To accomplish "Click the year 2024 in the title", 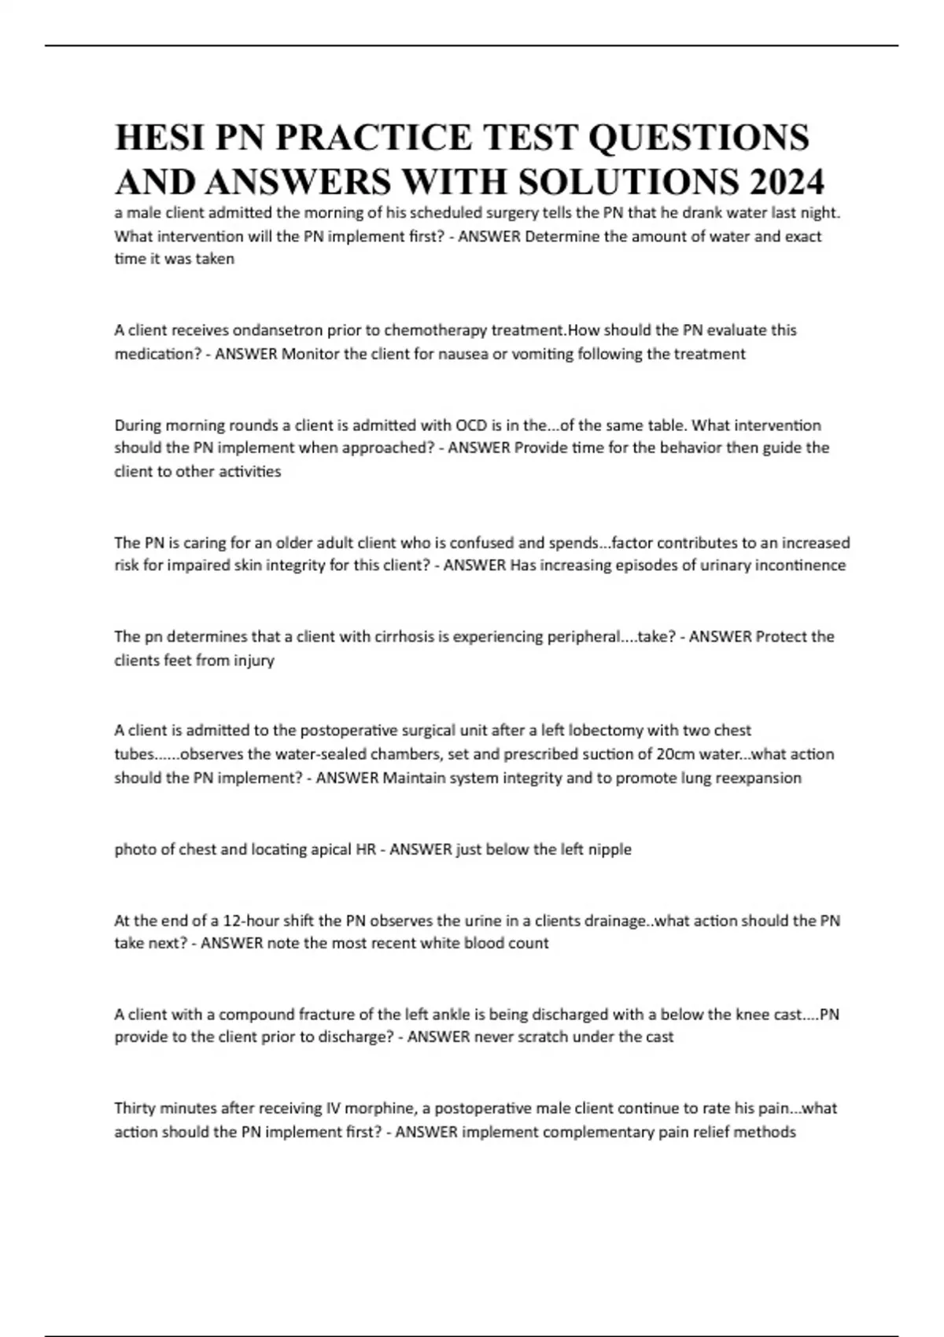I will click(787, 182).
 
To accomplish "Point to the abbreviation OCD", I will click(470, 425).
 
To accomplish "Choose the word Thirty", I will click(135, 1108).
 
